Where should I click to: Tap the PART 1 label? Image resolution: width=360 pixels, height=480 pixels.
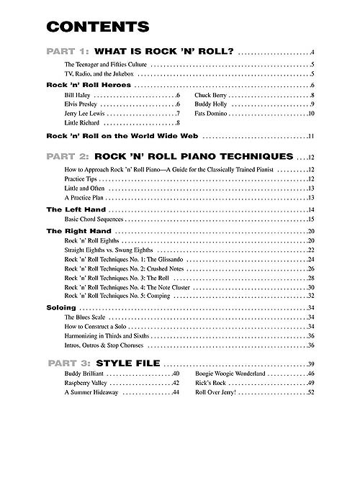(x=69, y=53)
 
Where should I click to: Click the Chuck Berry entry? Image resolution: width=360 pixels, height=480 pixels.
(x=212, y=95)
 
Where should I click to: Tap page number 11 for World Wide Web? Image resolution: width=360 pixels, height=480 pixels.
(x=311, y=136)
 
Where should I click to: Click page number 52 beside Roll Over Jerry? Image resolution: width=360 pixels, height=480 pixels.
(x=311, y=393)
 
